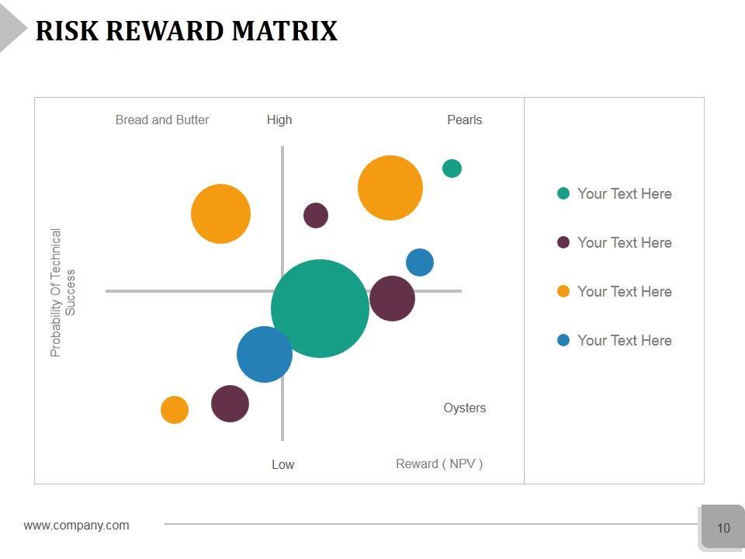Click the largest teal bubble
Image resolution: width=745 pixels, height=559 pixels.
click(320, 308)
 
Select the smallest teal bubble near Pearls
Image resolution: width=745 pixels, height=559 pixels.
click(452, 168)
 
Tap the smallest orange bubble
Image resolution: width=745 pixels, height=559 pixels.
click(175, 410)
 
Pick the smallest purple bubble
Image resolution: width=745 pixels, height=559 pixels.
click(316, 215)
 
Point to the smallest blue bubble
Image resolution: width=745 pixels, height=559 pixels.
click(419, 262)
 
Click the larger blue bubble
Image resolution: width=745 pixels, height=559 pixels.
click(265, 355)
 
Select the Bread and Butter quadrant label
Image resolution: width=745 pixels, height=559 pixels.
click(162, 120)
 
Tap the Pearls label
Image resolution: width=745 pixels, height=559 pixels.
click(465, 120)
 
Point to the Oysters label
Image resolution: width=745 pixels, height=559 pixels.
click(465, 408)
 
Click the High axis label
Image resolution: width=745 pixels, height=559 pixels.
click(279, 120)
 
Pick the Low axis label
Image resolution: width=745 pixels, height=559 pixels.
click(282, 464)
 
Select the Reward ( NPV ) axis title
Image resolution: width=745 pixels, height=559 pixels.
click(439, 464)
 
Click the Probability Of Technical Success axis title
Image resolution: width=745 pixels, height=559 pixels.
click(63, 292)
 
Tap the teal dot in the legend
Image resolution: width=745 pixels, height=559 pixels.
click(563, 193)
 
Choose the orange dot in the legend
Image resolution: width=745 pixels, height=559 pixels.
click(563, 291)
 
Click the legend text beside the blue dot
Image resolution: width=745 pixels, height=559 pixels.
click(625, 340)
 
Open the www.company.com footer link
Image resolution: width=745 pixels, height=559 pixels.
click(77, 526)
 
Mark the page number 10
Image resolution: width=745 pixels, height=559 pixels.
click(723, 528)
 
